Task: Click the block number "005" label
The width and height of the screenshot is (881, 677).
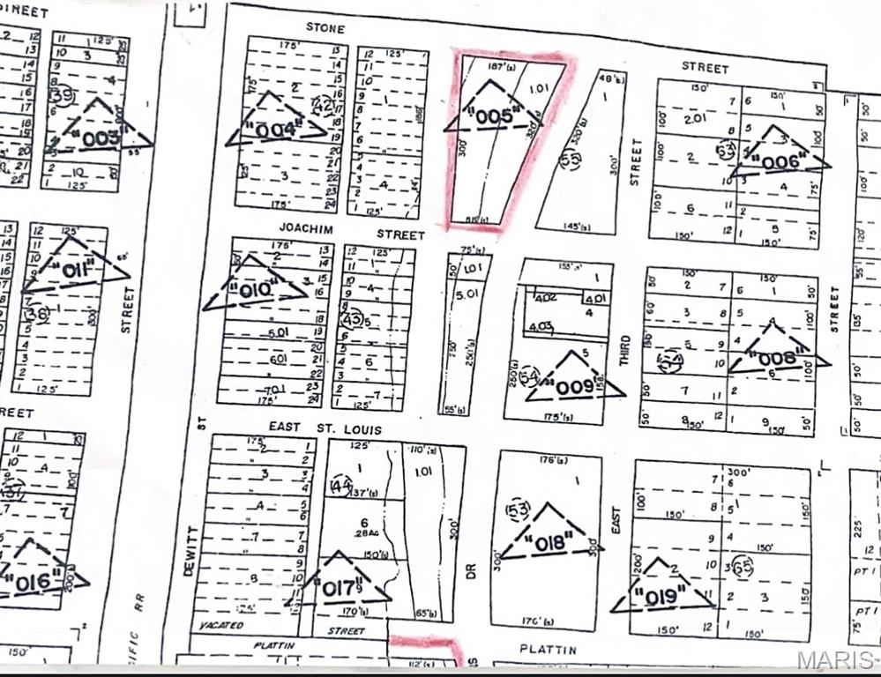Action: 494,116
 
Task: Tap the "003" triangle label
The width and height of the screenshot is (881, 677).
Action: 101,138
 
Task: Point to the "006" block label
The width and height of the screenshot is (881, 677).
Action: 780,162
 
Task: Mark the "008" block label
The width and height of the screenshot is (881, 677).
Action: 777,358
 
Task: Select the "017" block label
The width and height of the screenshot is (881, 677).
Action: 339,585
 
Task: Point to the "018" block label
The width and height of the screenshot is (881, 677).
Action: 549,542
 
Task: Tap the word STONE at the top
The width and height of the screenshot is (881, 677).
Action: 325,28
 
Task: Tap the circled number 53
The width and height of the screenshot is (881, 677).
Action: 519,510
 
